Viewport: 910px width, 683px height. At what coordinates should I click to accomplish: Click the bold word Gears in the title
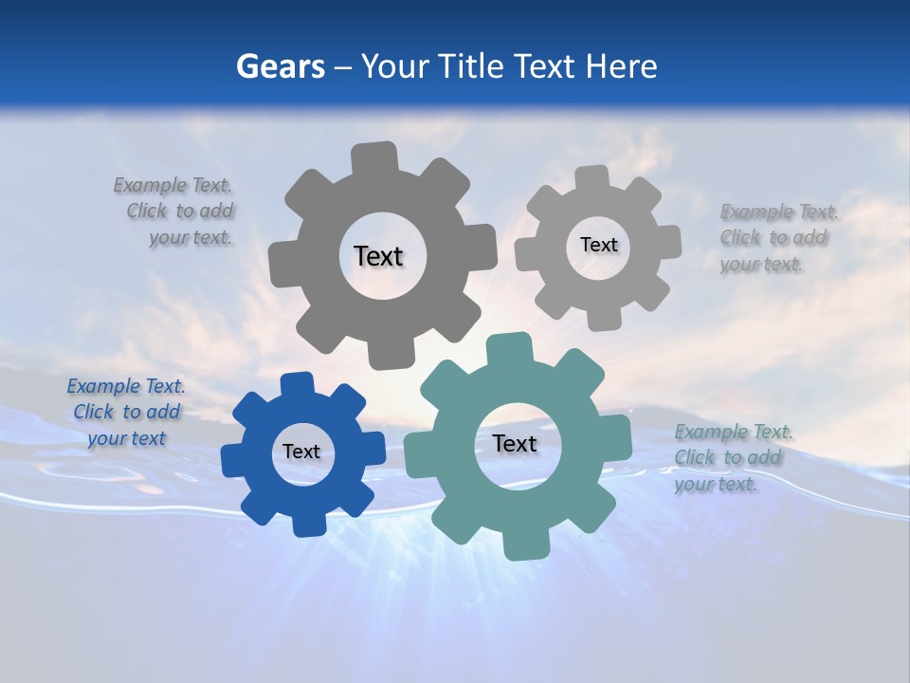point(280,66)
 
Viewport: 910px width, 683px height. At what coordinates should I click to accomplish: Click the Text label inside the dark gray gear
point(378,256)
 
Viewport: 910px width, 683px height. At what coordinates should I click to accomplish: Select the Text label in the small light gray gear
point(598,245)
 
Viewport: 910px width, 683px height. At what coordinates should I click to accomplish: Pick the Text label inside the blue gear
point(301,452)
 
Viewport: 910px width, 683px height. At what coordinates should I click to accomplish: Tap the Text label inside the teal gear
point(515,444)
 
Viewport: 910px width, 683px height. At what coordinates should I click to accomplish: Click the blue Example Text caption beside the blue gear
point(126,413)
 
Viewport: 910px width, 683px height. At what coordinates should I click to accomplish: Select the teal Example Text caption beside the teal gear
point(733,458)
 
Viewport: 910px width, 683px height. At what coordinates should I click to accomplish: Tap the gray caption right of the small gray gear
point(777,238)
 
